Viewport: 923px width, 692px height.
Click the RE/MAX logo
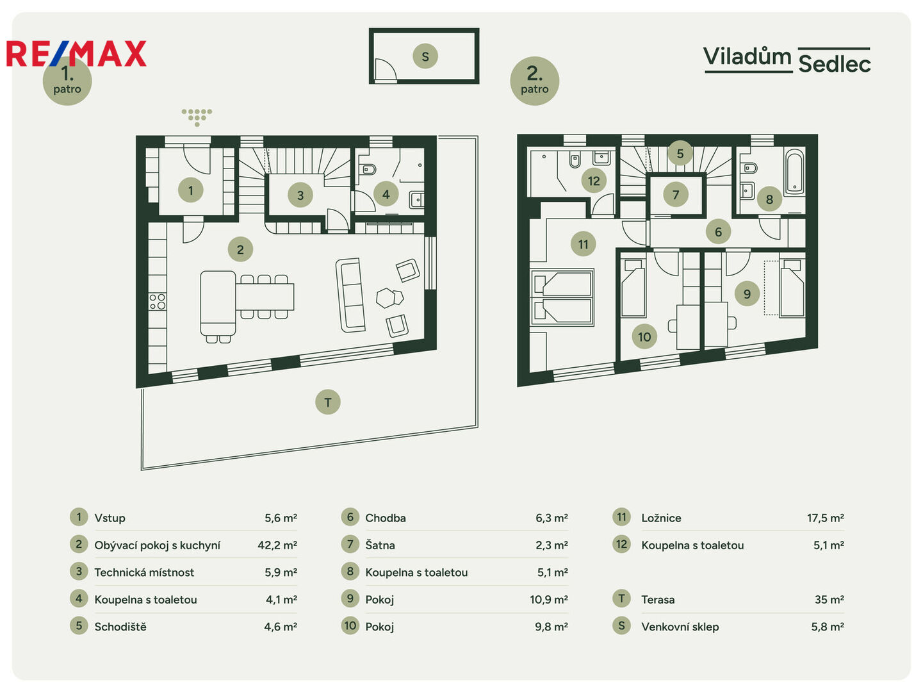[76, 53]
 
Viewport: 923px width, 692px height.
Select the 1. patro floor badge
[67, 81]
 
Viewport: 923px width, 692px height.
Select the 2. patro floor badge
[534, 81]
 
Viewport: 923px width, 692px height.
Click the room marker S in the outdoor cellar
[425, 56]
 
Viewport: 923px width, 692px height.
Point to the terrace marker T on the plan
[327, 402]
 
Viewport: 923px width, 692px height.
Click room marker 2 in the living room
[240, 249]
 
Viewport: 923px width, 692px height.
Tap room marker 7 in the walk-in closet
[675, 195]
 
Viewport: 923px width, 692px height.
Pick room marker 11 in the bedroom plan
[583, 244]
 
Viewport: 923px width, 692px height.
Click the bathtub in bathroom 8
[794, 172]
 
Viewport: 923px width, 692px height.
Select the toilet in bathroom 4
[368, 169]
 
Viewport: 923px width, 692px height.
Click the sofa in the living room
[350, 295]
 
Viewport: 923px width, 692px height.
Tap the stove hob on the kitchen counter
[158, 302]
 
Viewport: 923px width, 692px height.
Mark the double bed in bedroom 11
[562, 297]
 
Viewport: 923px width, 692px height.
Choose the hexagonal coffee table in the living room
[386, 298]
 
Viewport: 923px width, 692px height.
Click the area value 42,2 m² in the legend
[277, 545]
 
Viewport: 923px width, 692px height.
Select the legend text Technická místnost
[144, 572]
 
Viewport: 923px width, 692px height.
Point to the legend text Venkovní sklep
[680, 627]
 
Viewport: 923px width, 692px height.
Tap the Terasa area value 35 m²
[829, 600]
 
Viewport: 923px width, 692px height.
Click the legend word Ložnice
[661, 518]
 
